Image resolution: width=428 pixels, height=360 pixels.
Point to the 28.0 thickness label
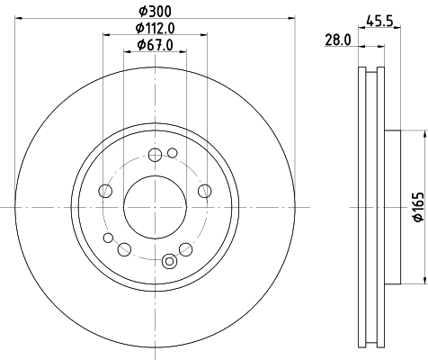tap(337, 40)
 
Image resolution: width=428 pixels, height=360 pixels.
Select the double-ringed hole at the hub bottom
tap(167, 261)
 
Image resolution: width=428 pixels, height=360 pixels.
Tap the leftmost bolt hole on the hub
tap(105, 190)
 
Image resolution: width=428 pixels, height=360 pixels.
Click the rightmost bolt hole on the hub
tap(205, 190)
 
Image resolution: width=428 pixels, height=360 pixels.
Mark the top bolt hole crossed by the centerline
tap(155, 154)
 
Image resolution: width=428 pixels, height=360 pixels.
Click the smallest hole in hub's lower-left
tap(108, 238)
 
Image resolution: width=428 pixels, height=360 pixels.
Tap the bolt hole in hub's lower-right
tap(185, 248)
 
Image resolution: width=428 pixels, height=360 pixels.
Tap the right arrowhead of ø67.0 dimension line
tap(183, 53)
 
